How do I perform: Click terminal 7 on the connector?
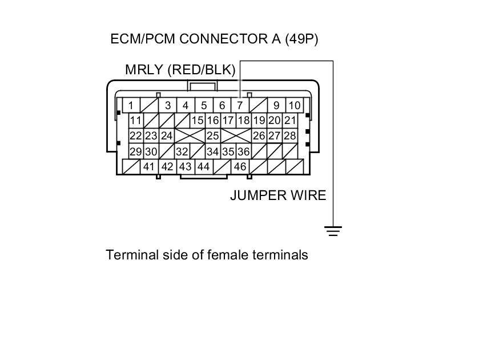click(240, 105)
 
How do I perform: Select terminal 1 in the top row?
click(131, 105)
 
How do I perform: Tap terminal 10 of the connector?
click(294, 105)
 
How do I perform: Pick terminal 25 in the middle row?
click(212, 136)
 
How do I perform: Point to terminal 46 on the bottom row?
click(240, 167)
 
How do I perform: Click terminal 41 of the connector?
click(149, 167)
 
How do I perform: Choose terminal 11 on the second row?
click(135, 121)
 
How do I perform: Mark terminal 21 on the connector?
click(290, 121)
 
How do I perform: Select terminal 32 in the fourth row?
click(182, 151)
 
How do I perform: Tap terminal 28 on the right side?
click(290, 136)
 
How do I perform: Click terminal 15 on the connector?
click(198, 121)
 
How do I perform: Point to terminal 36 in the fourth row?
click(243, 151)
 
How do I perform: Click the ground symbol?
click(333, 231)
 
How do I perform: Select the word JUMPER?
click(255, 195)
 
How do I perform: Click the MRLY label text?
click(144, 70)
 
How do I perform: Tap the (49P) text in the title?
click(297, 39)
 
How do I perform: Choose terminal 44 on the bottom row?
click(203, 167)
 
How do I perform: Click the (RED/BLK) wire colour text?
click(202, 70)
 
